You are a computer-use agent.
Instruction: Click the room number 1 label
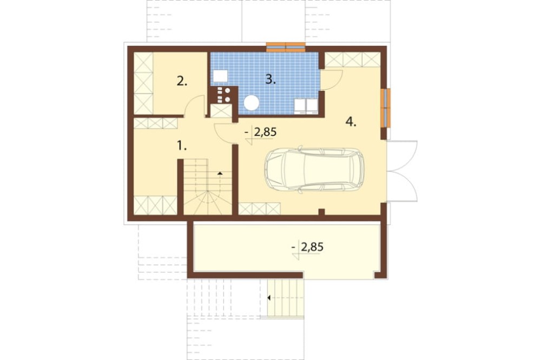point(182,146)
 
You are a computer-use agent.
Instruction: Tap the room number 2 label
point(182,82)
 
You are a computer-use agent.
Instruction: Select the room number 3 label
point(270,79)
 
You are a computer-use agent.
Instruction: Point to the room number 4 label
point(351,122)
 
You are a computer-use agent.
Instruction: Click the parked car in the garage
point(314,169)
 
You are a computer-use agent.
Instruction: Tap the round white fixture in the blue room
point(252,103)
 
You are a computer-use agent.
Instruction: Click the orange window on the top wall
point(286,47)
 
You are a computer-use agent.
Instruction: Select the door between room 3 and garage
point(331,80)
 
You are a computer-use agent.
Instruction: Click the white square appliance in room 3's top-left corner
point(220,76)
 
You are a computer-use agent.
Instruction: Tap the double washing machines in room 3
point(306,106)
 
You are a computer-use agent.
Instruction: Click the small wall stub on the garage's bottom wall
point(321,212)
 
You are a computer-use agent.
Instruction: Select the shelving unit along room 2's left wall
point(143,83)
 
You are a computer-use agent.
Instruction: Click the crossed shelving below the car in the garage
point(260,209)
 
